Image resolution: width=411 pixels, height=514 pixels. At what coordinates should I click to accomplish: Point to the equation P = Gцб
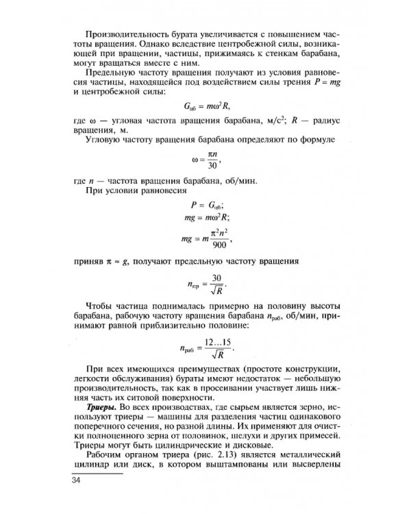[x=206, y=205]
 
